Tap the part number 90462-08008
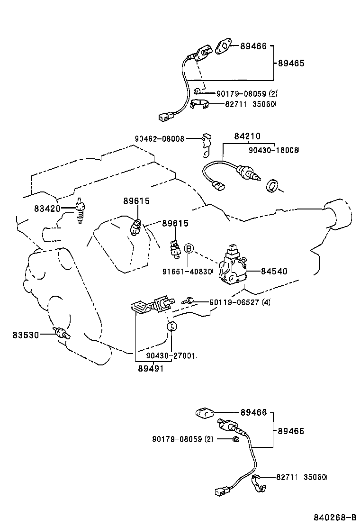click(160, 138)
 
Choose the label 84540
click(274, 272)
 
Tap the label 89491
click(150, 368)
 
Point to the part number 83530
click(26, 335)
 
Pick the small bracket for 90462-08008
click(205, 145)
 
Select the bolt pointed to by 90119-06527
click(187, 301)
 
